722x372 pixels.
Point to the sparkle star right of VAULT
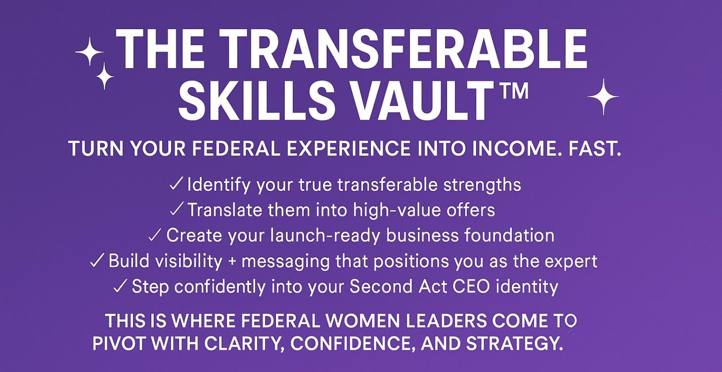point(603,96)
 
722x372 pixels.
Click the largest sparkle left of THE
point(89,51)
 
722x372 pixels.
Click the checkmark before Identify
point(177,185)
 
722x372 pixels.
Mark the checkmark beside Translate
point(177,210)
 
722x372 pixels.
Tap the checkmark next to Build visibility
point(97,261)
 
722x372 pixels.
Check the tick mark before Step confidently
point(120,286)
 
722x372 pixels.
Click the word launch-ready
point(325,235)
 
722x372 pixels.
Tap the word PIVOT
point(119,344)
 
